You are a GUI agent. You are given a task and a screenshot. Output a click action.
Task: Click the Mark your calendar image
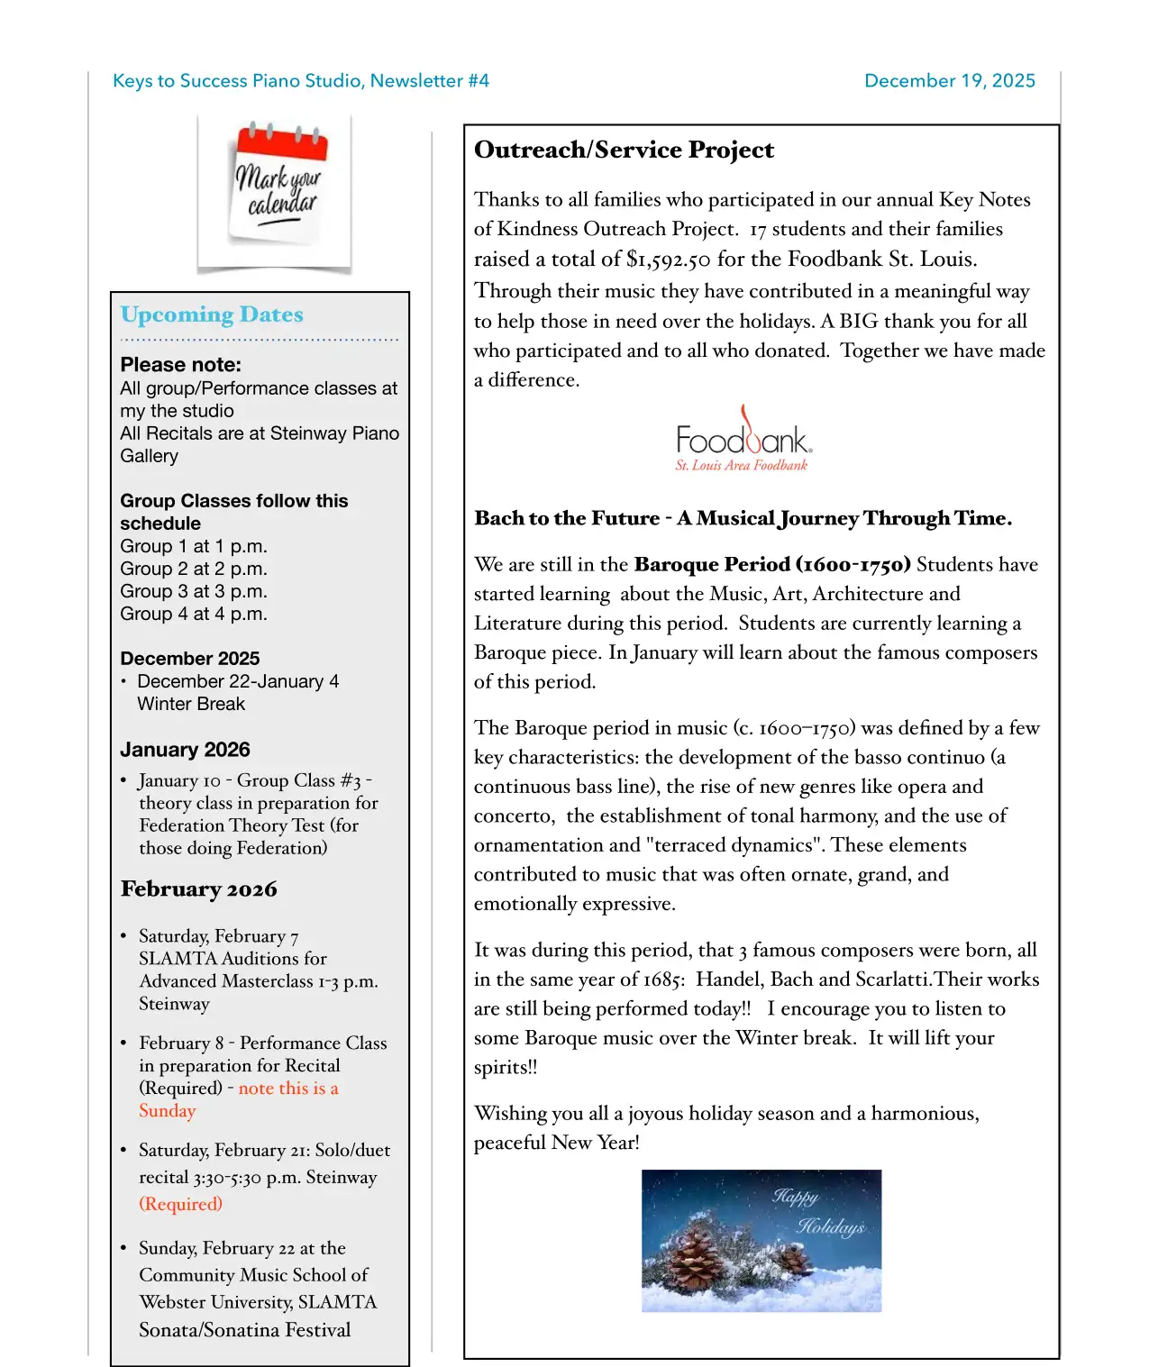click(275, 192)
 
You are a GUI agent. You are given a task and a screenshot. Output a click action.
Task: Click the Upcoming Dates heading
click(212, 314)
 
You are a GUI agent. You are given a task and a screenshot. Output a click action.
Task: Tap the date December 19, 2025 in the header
click(949, 81)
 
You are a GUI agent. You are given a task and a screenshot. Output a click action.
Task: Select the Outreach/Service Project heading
click(624, 150)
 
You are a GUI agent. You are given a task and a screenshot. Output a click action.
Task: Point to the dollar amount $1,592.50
click(668, 260)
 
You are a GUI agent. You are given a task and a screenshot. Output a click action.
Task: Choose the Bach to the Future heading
click(743, 518)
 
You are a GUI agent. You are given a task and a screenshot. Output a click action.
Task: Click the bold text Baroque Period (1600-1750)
click(772, 565)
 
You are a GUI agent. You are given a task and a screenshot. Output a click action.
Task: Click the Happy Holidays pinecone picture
click(761, 1240)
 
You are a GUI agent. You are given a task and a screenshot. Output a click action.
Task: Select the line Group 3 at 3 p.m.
click(194, 592)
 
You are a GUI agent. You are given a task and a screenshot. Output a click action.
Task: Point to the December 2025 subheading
click(189, 659)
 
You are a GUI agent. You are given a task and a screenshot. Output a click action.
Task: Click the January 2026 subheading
click(185, 750)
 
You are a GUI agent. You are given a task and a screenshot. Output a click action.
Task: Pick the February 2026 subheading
click(198, 889)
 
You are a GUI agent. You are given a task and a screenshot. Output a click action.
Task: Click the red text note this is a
click(288, 1089)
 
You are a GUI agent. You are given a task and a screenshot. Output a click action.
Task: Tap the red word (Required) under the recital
click(180, 1205)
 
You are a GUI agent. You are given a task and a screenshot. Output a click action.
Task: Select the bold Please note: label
click(180, 365)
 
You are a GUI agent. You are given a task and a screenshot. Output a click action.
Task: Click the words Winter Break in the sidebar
click(191, 704)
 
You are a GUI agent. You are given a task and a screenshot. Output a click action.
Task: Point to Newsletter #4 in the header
click(429, 81)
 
